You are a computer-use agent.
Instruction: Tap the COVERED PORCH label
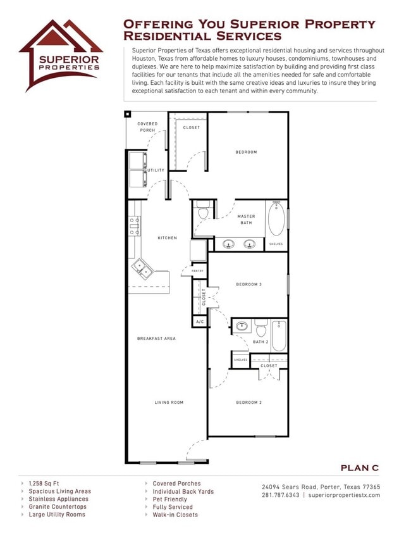pos(147,127)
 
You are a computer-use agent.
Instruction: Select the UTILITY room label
pos(156,170)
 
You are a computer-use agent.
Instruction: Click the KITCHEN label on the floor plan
pos(168,238)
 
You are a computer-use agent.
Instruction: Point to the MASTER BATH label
pos(247,219)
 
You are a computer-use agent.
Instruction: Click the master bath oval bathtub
pos(276,219)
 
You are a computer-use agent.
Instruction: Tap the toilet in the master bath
pos(203,211)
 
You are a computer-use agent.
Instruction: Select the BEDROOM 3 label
pos(248,284)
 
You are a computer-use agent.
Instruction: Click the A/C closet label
pos(200,322)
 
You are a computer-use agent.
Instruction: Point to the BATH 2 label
pos(261,342)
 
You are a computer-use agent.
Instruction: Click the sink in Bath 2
pos(242,327)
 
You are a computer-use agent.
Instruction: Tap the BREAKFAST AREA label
pos(156,339)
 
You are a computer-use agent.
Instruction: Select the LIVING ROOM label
pos(169,403)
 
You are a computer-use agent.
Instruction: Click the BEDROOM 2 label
pos(248,403)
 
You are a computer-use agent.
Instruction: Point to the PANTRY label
pos(197,271)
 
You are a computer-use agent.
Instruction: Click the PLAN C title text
pos(359,468)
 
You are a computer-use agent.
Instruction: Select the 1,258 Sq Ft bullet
pos(44,484)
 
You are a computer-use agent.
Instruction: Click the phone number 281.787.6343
pos(281,495)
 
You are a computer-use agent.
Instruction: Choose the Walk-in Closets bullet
pos(175,515)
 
